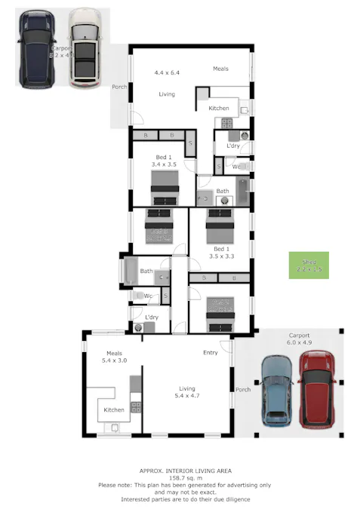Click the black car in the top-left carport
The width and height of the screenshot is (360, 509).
pyautogui.click(x=37, y=50)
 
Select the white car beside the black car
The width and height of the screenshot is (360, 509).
pyautogui.click(x=85, y=48)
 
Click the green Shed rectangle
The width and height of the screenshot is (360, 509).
pyautogui.click(x=309, y=265)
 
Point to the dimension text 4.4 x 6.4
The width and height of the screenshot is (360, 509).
pyautogui.click(x=168, y=73)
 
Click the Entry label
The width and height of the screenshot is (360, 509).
pyautogui.click(x=211, y=352)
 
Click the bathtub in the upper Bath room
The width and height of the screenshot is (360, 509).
pyautogui.click(x=242, y=191)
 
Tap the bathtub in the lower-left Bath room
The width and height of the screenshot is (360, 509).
pyautogui.click(x=128, y=271)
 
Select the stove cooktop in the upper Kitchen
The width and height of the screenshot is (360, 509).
pyautogui.click(x=225, y=123)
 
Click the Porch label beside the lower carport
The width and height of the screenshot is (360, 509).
pyautogui.click(x=243, y=390)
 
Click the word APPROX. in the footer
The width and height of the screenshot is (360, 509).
pyautogui.click(x=146, y=468)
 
